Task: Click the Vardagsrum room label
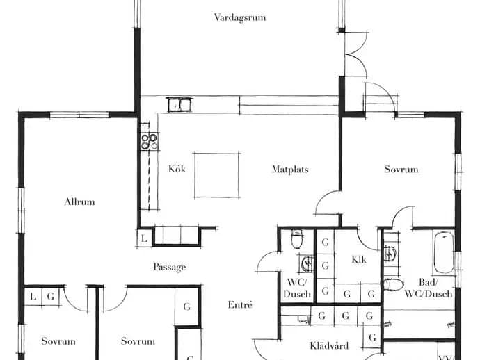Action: coord(240,17)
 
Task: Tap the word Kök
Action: coord(177,169)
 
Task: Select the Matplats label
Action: coord(290,170)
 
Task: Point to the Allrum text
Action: coord(79,202)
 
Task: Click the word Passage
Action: coord(170,267)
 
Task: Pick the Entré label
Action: coord(240,304)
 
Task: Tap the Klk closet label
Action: coord(359,260)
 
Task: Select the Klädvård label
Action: coord(329,346)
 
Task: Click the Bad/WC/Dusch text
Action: coord(429,288)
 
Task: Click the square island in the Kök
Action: coord(217,175)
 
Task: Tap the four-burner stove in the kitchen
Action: coord(150,141)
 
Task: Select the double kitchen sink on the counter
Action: coord(179,105)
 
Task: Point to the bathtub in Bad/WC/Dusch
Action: coord(444,253)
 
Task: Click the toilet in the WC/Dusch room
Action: coord(297,240)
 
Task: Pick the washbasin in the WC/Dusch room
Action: coord(307,263)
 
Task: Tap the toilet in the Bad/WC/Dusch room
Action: coord(393,285)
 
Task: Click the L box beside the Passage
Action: coord(144,238)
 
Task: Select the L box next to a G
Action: coord(33,296)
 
